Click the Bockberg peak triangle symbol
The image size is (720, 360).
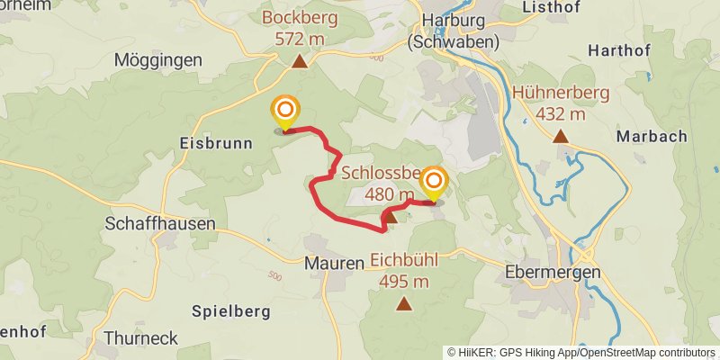299,62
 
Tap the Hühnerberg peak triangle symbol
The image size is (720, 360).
561,137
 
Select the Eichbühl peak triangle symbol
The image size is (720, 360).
403,305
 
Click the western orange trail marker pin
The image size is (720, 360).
284,112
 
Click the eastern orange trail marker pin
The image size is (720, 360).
433,183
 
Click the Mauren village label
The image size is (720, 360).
333,263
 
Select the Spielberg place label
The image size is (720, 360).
231,311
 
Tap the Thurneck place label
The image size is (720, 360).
140,338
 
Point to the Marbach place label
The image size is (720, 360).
652,137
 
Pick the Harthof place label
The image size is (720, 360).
619,50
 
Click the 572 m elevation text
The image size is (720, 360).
299,39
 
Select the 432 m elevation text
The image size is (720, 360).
561,113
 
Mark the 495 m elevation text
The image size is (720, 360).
403,281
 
